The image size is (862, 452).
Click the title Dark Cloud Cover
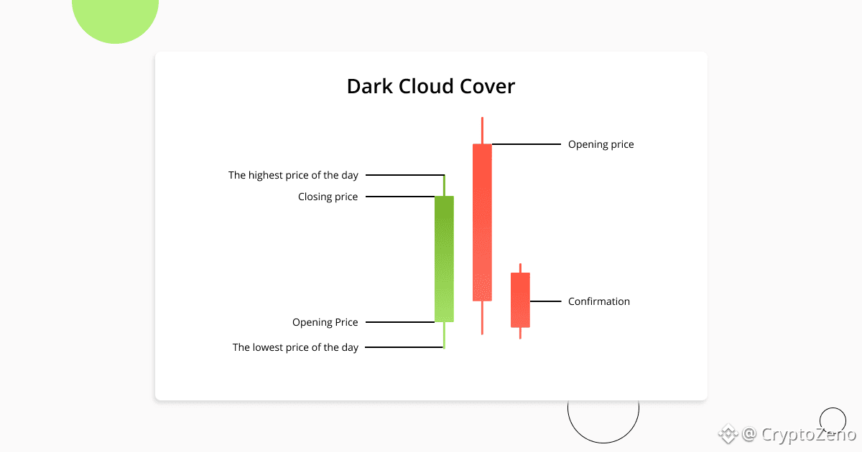(x=430, y=87)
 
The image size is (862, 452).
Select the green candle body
(x=444, y=258)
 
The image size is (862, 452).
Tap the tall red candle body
(x=482, y=222)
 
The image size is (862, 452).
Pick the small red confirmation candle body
(x=520, y=300)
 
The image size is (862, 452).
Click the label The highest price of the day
(x=293, y=175)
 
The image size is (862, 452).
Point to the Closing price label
(x=328, y=197)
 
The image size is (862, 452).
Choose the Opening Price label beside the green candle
(x=325, y=322)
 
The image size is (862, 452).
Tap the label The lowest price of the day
(x=295, y=347)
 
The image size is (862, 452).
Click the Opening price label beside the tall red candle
(x=601, y=144)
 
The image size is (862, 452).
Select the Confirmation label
(x=598, y=301)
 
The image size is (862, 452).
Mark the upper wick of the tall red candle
(x=482, y=131)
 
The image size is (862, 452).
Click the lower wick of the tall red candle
(x=482, y=317)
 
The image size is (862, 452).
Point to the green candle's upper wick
(x=444, y=185)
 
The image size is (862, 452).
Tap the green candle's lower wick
(x=444, y=335)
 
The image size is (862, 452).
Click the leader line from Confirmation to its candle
(x=545, y=301)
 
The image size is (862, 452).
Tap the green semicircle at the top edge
(x=116, y=18)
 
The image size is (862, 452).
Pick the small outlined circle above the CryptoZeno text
(x=833, y=420)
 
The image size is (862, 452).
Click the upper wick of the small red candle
(x=520, y=268)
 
